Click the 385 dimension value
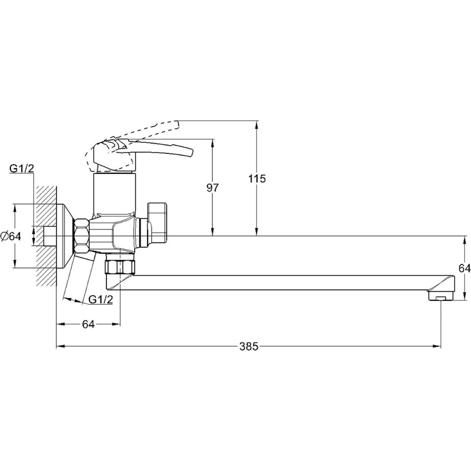pyautogui.click(x=249, y=346)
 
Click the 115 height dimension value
pyautogui.click(x=257, y=179)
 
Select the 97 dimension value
pyautogui.click(x=212, y=188)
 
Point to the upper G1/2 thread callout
pyautogui.click(x=22, y=169)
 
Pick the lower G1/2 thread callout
pyautogui.click(x=101, y=299)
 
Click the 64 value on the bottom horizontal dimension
pyautogui.click(x=89, y=324)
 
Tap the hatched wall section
pyautogui.click(x=46, y=235)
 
